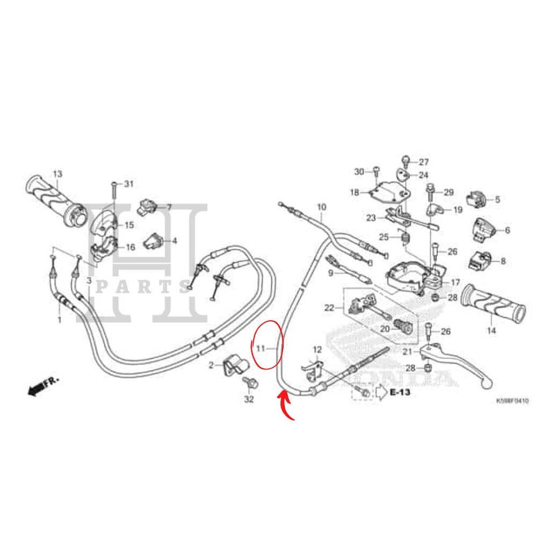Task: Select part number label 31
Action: pyautogui.click(x=128, y=184)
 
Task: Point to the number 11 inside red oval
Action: pyautogui.click(x=260, y=348)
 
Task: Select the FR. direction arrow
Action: pyautogui.click(x=43, y=385)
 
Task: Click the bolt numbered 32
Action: pyautogui.click(x=250, y=385)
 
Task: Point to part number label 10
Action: pyautogui.click(x=321, y=207)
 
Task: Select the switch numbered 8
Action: pyautogui.click(x=482, y=260)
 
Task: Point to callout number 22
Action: pyautogui.click(x=329, y=308)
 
